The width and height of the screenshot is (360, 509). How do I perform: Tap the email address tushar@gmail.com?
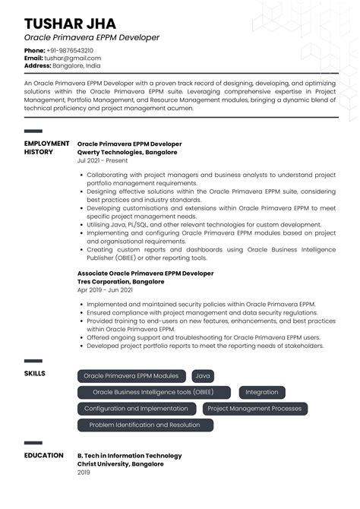pos(73,58)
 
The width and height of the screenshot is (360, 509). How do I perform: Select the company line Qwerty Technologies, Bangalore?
pos(127,152)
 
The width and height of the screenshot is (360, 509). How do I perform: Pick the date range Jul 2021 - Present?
pos(103,160)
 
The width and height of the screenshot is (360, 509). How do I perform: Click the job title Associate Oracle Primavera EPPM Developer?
pos(145,273)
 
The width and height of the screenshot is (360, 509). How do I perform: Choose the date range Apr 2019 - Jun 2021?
pos(105,289)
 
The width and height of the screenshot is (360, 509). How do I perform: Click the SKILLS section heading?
pos(35,374)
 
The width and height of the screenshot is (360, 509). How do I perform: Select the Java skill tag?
pos(203,375)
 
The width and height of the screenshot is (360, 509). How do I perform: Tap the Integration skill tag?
pos(262,392)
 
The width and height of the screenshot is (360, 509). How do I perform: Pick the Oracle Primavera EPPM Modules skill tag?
pos(131,375)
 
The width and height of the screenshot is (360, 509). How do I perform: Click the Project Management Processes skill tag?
pos(254,409)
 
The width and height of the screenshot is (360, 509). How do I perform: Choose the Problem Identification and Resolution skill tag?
pos(144,425)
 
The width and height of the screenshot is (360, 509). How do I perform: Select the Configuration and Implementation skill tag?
pos(136,409)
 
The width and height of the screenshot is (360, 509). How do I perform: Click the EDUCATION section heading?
pos(43,456)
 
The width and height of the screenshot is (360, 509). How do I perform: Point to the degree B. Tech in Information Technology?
pos(130,456)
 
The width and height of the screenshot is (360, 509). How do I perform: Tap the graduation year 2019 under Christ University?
pos(84,473)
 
